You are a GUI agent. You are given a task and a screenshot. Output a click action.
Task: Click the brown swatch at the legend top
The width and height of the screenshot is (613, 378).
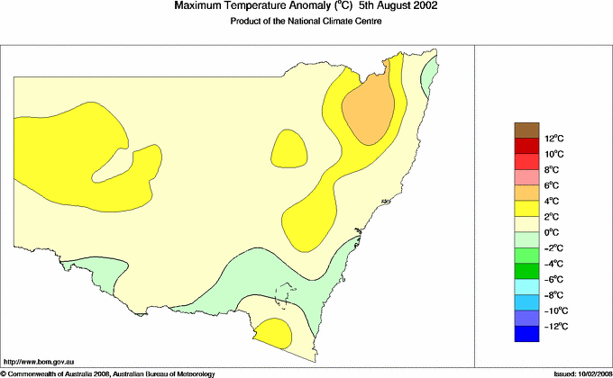[x=527, y=130]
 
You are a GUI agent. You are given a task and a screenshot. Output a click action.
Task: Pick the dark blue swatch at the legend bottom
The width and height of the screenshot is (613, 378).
[x=527, y=334]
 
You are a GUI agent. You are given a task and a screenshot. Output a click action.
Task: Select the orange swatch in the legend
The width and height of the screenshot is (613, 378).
[x=527, y=193]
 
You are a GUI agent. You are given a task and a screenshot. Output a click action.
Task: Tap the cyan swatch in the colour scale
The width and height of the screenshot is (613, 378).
[x=527, y=287]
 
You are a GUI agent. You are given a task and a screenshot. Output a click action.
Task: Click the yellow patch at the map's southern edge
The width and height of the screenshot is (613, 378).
[x=272, y=336]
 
